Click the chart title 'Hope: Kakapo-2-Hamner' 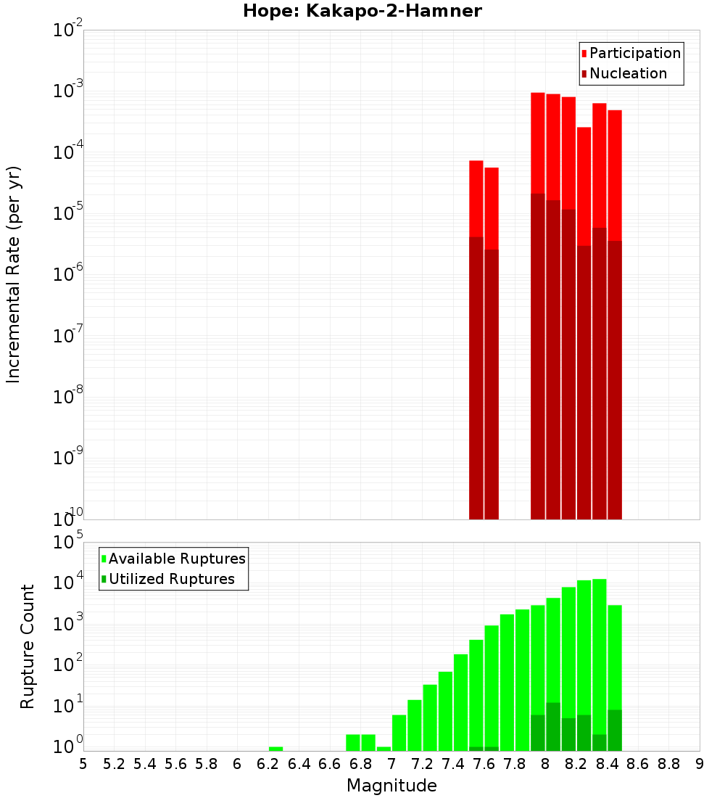(x=362, y=11)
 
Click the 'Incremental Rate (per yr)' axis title (x=14, y=274)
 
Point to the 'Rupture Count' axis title (x=28, y=646)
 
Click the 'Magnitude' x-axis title (x=391, y=785)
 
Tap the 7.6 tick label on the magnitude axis (x=484, y=764)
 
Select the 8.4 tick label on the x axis (x=607, y=764)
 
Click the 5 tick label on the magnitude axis (x=83, y=764)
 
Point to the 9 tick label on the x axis (x=700, y=764)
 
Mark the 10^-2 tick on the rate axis (x=68, y=30)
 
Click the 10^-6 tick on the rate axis (x=68, y=275)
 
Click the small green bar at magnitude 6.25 (x=275, y=749)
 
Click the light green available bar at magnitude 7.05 (x=399, y=733)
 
